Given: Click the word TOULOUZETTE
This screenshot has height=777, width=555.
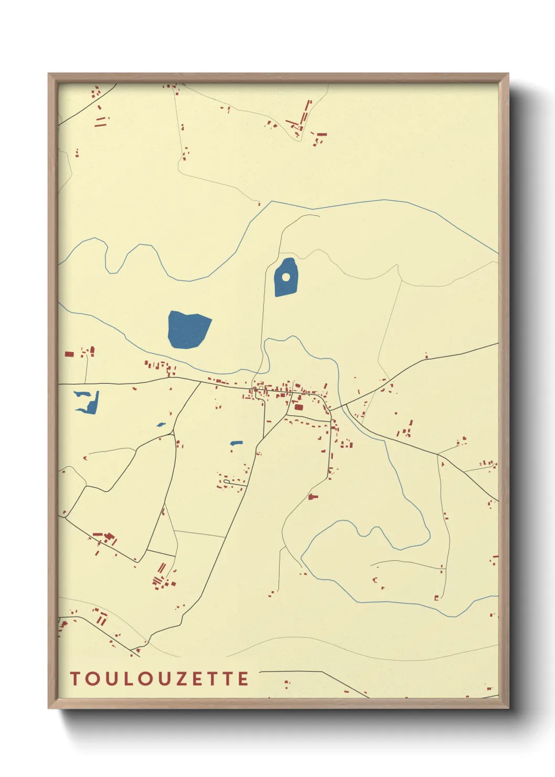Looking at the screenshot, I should [159, 679].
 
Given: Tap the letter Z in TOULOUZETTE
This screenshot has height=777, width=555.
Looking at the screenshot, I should [179, 679].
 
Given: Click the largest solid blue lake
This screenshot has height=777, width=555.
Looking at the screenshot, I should [188, 329].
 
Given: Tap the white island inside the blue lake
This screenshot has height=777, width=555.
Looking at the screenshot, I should [286, 277].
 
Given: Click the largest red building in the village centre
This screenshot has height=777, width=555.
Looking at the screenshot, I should [298, 407].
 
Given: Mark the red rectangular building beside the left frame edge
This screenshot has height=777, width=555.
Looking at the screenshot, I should [69, 354].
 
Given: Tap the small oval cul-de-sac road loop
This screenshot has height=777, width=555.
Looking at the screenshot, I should [227, 481].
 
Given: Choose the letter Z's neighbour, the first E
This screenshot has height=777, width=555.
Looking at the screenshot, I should [196, 679].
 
